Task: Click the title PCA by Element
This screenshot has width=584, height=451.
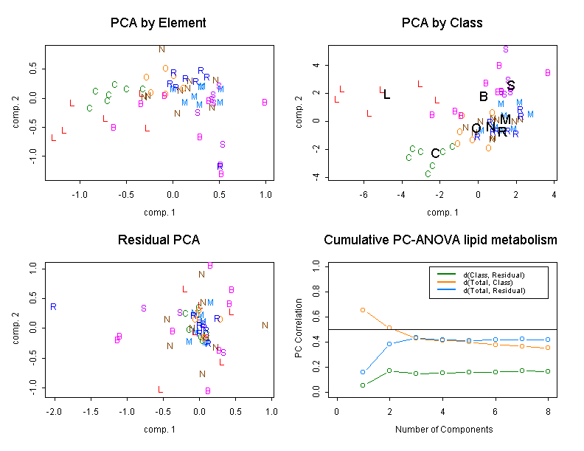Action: pos(158,23)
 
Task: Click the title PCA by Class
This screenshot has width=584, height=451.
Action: pos(442,23)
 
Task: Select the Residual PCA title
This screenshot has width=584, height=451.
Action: pos(158,241)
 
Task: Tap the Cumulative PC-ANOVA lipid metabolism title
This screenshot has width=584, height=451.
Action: pos(441,241)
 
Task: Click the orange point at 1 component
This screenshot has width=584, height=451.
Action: pos(363,310)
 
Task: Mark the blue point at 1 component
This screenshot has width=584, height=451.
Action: pos(363,372)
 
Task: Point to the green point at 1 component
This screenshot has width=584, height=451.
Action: pos(363,385)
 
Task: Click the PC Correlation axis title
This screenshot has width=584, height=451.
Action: pos(298,328)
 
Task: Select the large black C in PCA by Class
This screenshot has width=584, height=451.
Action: pos(435,154)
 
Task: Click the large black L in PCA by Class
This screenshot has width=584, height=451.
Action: pos(386,94)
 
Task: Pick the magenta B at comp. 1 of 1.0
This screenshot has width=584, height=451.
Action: pos(265,103)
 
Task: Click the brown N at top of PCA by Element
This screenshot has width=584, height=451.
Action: pos(161,49)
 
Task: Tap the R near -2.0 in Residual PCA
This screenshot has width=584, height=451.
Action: pos(54,306)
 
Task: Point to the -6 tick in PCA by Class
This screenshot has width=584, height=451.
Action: pos(364,195)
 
